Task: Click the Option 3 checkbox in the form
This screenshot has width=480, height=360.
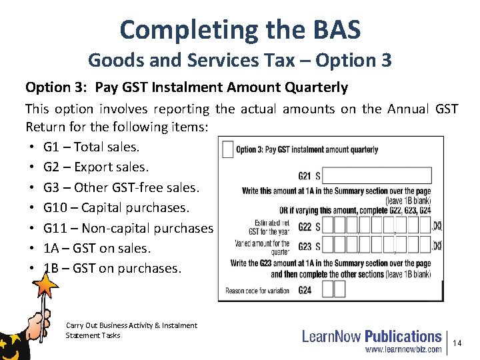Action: point(227,149)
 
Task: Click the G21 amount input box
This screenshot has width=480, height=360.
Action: point(376,177)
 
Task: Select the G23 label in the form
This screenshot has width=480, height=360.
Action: point(305,246)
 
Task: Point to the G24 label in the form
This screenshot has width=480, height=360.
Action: point(305,290)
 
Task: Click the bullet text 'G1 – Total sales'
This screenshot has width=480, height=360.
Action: point(91,147)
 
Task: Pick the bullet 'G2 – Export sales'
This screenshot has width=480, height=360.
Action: point(96,167)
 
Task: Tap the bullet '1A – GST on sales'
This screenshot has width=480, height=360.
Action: point(97,248)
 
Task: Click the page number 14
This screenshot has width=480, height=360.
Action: point(457,343)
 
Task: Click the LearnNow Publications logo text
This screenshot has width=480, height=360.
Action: point(371,337)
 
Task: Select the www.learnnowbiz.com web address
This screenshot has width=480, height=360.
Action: point(403,349)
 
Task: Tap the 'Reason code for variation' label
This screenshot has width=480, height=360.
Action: point(258,291)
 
